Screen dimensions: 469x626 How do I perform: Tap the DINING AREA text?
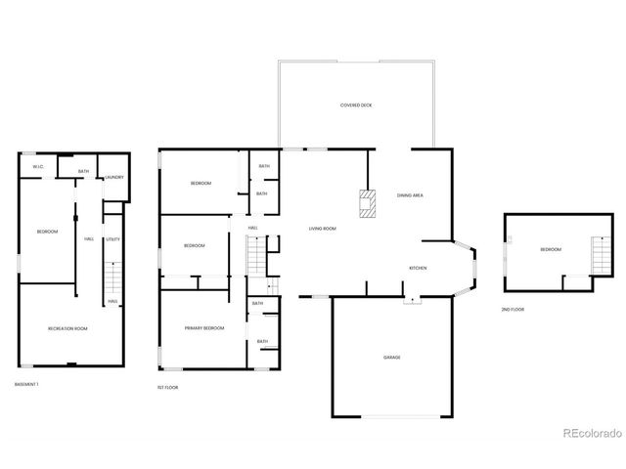[x=410, y=195]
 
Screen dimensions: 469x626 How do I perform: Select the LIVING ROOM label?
[x=323, y=229]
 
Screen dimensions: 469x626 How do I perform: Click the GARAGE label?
[x=391, y=358]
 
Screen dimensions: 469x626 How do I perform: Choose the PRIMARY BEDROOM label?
[x=204, y=328]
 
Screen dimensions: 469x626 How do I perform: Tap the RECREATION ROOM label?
[x=68, y=328]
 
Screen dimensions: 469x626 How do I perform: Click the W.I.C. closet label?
[x=37, y=167]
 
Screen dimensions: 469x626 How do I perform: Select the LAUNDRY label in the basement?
[x=114, y=177]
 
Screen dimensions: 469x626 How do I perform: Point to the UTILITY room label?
[x=113, y=238]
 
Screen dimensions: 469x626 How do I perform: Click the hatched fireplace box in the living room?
[x=367, y=204]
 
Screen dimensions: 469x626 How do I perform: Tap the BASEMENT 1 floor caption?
[x=27, y=384]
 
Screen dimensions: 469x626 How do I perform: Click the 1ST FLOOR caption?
[x=167, y=388]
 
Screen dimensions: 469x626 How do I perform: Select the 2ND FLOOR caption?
[x=513, y=310]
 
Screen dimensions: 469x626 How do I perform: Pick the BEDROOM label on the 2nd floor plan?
[x=551, y=250]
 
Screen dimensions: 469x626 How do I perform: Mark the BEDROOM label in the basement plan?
[x=47, y=232]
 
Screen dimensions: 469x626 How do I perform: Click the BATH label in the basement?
[x=84, y=172]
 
